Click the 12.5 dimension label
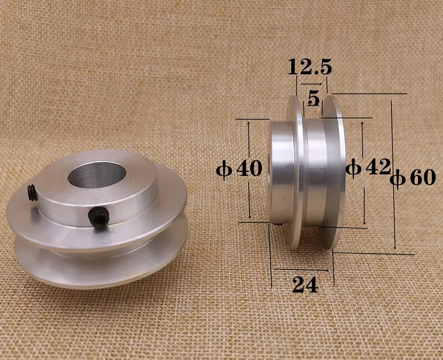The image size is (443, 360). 310,68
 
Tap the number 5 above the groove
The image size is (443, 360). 313,99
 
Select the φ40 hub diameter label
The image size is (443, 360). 239,169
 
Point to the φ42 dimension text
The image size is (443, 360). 368,167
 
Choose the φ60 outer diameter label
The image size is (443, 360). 413,178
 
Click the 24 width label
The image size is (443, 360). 305,285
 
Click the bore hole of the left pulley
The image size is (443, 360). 96,176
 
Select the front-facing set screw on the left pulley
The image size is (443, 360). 98,219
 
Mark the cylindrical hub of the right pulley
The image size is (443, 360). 281,172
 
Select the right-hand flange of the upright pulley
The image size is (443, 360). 336,172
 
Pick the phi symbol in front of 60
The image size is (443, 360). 397,178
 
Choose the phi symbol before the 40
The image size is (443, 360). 224,169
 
